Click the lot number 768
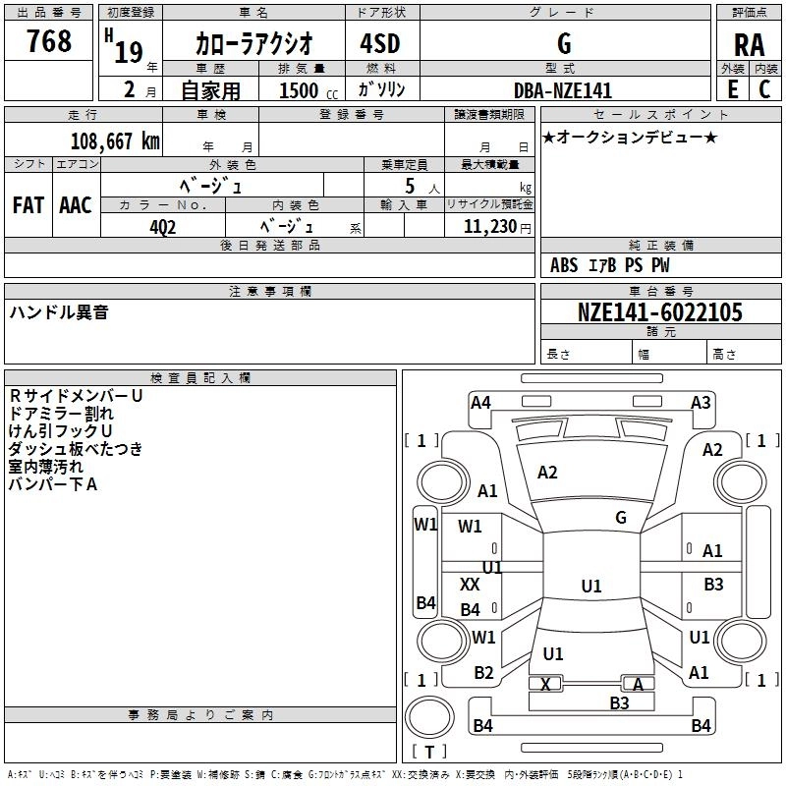[49, 42]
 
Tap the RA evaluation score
[749, 44]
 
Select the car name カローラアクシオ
[253, 43]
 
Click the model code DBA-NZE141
[563, 90]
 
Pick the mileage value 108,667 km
[115, 140]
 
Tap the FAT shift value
[28, 204]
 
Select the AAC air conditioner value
[76, 204]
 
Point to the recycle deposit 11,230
[488, 226]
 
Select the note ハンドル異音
[59, 312]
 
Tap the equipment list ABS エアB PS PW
[610, 265]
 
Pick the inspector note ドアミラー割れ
[60, 414]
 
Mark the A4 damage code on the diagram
[480, 402]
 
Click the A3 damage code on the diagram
[701, 402]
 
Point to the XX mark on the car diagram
[470, 584]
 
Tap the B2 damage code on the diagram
[483, 673]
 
